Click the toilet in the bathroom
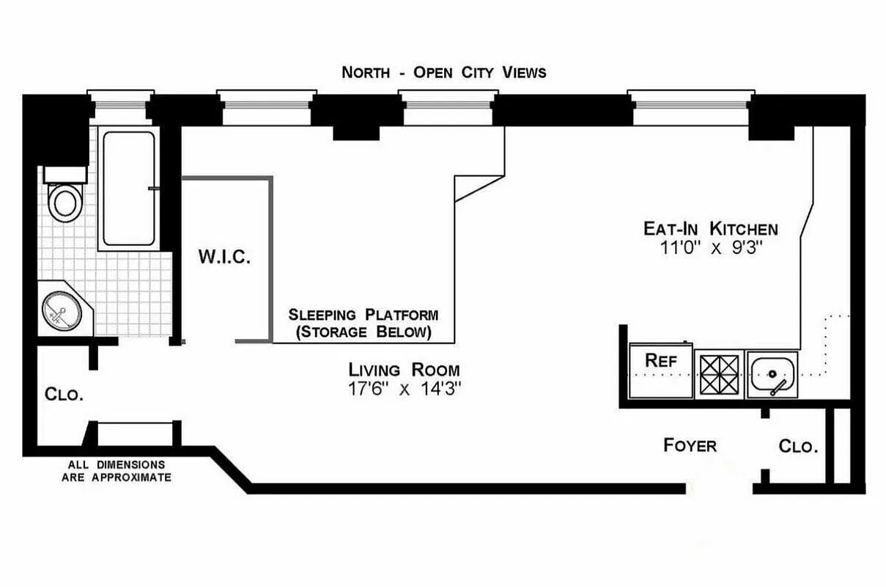pyautogui.click(x=65, y=200)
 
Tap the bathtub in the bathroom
pyautogui.click(x=128, y=189)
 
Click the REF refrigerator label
pyautogui.click(x=660, y=361)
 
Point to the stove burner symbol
pyautogui.click(x=719, y=374)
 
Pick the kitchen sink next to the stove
pyautogui.click(x=772, y=374)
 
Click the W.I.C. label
pyautogui.click(x=225, y=258)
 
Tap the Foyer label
pyautogui.click(x=690, y=445)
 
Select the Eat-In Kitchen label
pyautogui.click(x=710, y=228)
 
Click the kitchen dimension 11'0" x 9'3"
pyautogui.click(x=710, y=248)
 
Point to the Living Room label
pyautogui.click(x=404, y=369)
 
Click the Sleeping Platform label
pyautogui.click(x=363, y=315)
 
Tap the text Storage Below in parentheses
pyautogui.click(x=363, y=332)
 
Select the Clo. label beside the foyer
pyautogui.click(x=798, y=446)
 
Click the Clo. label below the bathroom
pyautogui.click(x=64, y=394)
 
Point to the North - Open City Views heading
pyautogui.click(x=444, y=72)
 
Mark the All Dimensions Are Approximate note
pyautogui.click(x=117, y=471)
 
